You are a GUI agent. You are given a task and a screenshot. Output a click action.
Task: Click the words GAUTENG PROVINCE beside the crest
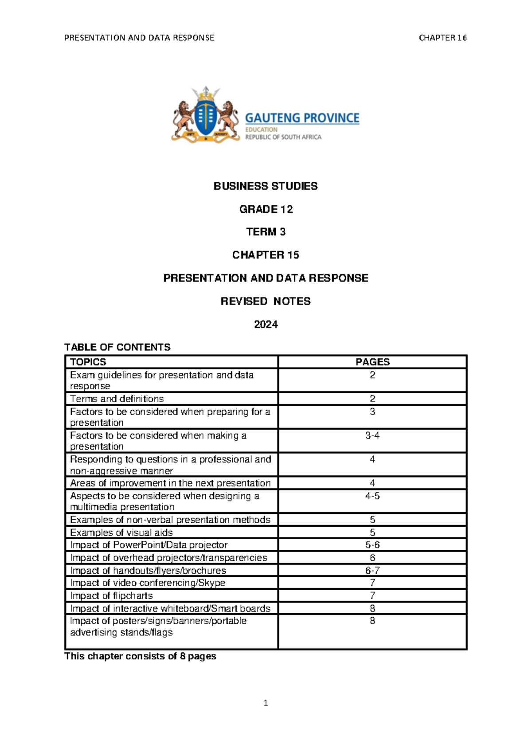[302, 118]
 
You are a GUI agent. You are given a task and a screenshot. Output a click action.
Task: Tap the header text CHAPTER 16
[442, 38]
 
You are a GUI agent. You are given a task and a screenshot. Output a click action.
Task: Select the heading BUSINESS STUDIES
[266, 186]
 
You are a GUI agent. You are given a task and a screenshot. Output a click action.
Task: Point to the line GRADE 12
[266, 209]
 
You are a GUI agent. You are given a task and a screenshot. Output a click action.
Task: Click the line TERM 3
[266, 232]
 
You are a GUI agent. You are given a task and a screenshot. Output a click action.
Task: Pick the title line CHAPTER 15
[266, 255]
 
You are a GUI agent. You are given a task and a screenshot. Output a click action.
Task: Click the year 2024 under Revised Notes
[266, 325]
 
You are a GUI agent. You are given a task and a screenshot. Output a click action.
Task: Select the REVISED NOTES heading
[266, 302]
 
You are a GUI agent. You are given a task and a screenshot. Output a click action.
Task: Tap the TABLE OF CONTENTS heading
[117, 347]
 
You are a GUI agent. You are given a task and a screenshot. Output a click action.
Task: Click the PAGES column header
[372, 362]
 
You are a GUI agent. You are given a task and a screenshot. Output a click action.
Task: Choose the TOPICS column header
[88, 362]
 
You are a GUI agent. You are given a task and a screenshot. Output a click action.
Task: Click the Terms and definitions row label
[117, 399]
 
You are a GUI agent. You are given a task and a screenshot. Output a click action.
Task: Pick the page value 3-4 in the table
[372, 435]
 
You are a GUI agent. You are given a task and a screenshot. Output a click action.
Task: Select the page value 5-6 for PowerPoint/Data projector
[372, 545]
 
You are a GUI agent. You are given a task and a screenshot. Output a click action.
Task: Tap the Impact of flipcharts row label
[111, 595]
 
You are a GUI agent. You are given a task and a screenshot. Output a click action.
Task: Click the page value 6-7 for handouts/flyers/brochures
[372, 571]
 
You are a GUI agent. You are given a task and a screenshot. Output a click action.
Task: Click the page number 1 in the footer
[266, 703]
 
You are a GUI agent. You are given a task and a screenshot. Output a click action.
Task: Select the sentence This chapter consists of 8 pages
[140, 656]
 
